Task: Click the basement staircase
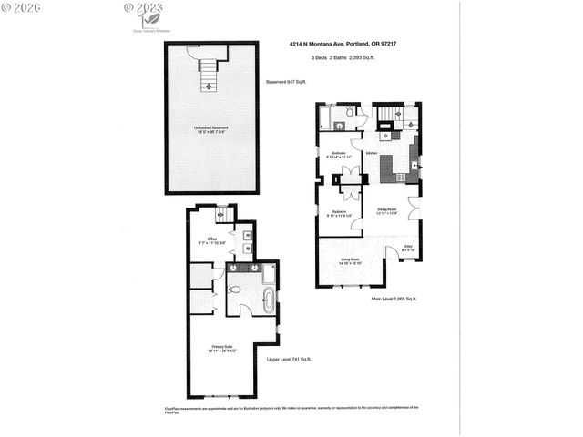point(210,71)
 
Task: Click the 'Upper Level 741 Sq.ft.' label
point(291,361)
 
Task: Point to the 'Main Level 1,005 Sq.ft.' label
point(394,299)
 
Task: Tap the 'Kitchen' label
point(372,153)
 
